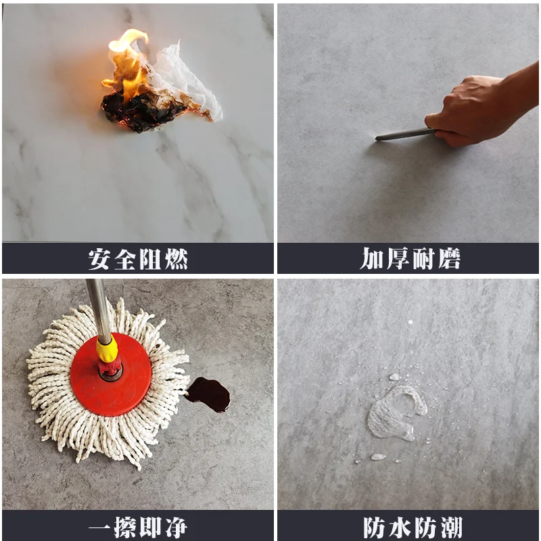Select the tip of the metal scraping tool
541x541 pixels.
coord(379,139)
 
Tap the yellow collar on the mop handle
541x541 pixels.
coord(106,348)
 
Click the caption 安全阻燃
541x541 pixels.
coord(138,259)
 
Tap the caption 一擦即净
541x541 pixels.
coord(138,527)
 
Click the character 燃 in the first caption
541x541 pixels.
coord(176,259)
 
